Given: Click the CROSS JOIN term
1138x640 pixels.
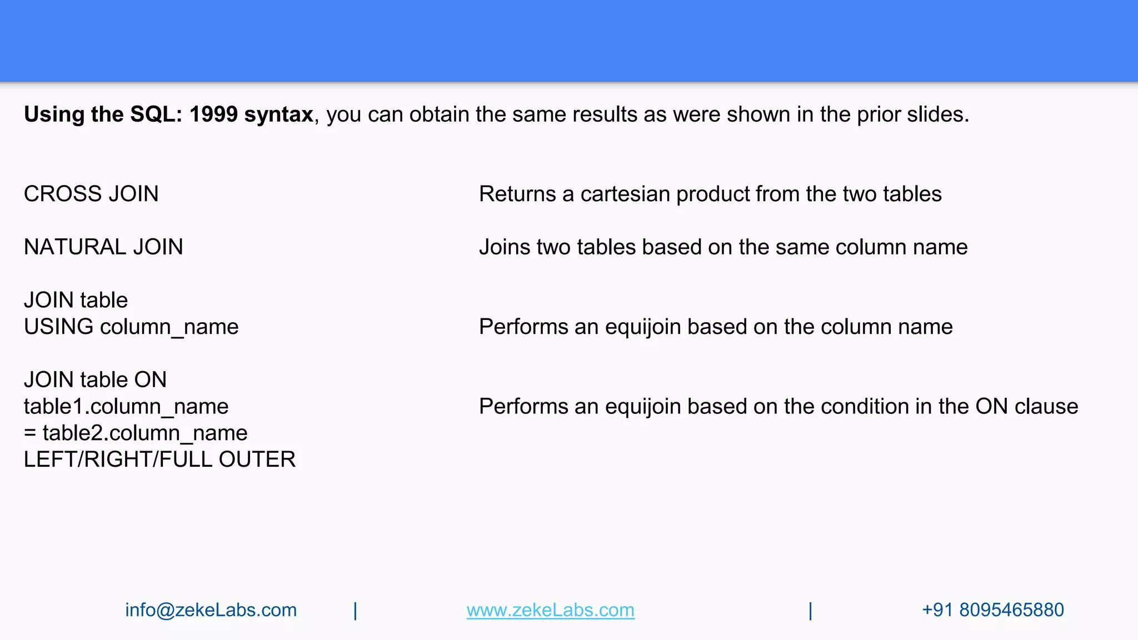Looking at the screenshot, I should coord(91,194).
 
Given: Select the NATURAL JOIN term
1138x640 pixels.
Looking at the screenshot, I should coord(103,247).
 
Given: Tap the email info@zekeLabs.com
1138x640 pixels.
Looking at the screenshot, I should coord(211,610).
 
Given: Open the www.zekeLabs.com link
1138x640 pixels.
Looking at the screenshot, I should coord(550,610).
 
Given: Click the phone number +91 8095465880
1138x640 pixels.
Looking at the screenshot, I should coord(992,610).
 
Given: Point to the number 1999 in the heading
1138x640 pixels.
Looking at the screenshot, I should coord(213,114).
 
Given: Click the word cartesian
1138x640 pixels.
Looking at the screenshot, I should coord(625,194).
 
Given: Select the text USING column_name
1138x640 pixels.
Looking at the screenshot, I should coord(131,327).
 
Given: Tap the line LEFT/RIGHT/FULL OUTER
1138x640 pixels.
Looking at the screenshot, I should coord(159,459).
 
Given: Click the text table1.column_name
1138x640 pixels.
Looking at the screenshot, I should coord(126,407).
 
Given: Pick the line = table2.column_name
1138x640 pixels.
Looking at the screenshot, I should coord(136,433).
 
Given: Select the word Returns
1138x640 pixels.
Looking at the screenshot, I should coord(517,194).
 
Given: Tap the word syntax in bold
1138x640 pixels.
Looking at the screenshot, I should coord(278,114).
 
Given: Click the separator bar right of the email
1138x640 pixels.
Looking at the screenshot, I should coord(356,611).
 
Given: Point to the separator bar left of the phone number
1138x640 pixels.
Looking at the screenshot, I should coord(811,611).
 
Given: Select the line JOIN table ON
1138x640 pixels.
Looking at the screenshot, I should coord(95,380).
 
